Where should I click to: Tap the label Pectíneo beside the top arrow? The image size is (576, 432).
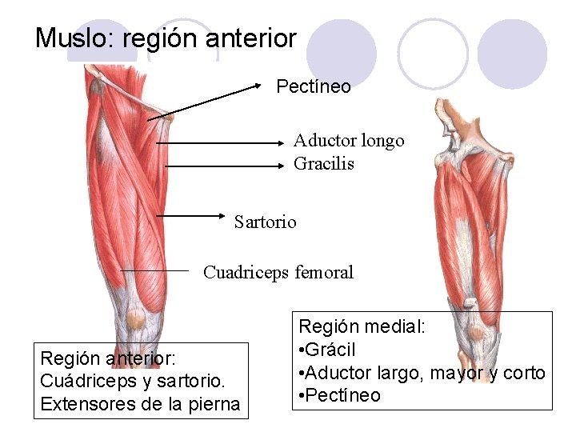click(x=314, y=86)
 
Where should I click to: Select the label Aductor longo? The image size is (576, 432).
click(x=349, y=141)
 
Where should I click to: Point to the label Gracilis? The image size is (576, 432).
click(x=324, y=164)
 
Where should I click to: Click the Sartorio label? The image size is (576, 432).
click(x=265, y=222)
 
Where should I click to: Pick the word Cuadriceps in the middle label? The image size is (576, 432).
click(x=247, y=273)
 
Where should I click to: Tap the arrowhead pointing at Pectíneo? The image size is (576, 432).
click(x=258, y=84)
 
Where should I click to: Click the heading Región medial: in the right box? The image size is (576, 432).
click(x=362, y=326)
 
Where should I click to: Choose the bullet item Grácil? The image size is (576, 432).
click(x=331, y=350)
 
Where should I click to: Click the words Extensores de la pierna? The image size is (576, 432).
click(x=140, y=404)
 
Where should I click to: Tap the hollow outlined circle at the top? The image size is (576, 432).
click(x=433, y=52)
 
